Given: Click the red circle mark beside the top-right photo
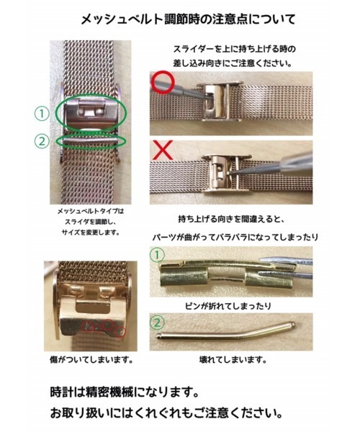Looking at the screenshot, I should (x=161, y=81).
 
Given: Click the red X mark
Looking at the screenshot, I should (x=162, y=149).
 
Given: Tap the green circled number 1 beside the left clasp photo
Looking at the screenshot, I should (x=41, y=113).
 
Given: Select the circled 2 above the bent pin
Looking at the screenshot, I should (x=156, y=322).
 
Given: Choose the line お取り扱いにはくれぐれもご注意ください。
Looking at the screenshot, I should (x=166, y=414).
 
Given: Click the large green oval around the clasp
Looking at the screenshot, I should (x=91, y=113).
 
